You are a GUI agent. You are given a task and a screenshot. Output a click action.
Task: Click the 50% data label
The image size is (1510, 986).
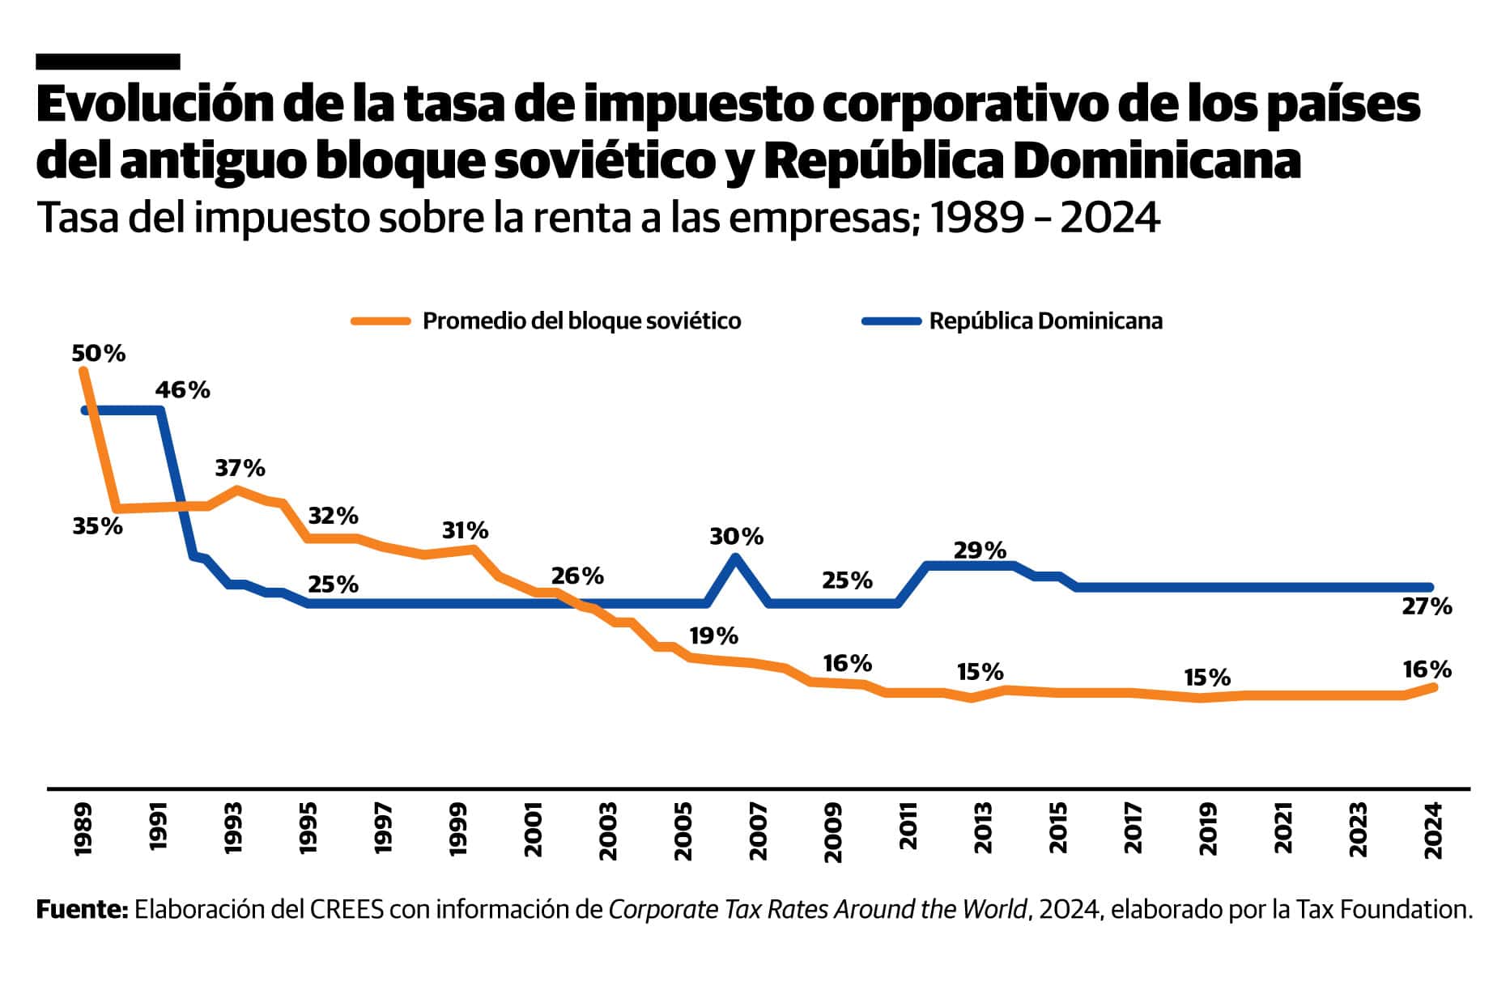98,354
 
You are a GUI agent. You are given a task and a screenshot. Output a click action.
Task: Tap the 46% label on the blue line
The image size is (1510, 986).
182,390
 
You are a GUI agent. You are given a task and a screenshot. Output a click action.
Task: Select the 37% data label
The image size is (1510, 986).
240,468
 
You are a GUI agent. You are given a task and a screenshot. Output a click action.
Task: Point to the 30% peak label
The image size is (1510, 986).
736,536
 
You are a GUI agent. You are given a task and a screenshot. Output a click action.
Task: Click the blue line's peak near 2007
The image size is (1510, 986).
735,557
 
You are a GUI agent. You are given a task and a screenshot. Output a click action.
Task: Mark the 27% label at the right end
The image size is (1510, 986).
1427,606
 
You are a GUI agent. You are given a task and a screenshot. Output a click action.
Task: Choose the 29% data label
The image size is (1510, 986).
980,550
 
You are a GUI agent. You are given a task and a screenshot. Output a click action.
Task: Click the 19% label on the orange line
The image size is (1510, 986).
713,636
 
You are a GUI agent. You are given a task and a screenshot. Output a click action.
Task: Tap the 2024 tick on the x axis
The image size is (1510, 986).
1433,830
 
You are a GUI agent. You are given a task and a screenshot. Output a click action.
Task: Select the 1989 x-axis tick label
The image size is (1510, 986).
83,830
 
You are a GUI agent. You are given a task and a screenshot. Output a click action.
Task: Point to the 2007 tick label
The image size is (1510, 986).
759,830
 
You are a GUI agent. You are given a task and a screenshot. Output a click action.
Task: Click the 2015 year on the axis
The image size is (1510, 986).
1058,830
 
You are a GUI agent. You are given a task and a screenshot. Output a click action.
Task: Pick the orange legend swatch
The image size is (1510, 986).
381,321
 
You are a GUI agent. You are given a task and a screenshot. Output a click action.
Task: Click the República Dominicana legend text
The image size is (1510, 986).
1045,321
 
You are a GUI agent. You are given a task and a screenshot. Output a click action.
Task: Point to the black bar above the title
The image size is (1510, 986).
108,62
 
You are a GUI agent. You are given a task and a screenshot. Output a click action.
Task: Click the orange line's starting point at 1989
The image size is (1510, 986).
83,371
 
